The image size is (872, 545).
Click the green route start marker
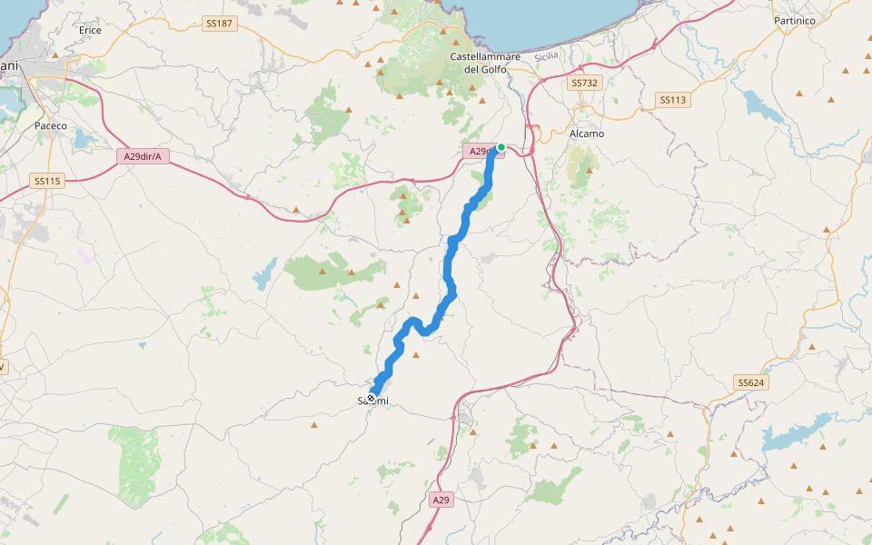click(x=500, y=146)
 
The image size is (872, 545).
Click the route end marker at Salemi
click(x=372, y=398)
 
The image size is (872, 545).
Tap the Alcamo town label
click(x=586, y=134)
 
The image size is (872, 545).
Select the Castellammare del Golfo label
click(x=485, y=63)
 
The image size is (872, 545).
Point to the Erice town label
click(x=91, y=30)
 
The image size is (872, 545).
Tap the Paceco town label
click(x=51, y=125)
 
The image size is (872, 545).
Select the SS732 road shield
click(x=585, y=83)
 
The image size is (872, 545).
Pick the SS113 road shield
click(x=672, y=100)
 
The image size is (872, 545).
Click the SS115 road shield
click(x=47, y=181)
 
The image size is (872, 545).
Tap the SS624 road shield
click(x=751, y=382)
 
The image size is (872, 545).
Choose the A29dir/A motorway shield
click(x=144, y=157)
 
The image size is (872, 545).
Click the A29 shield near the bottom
click(x=441, y=500)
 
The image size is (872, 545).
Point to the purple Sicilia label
click(x=547, y=56)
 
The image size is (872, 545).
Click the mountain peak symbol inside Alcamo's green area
click(x=589, y=169)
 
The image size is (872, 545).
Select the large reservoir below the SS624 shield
click(x=799, y=434)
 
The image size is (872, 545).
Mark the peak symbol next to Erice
click(x=55, y=55)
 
